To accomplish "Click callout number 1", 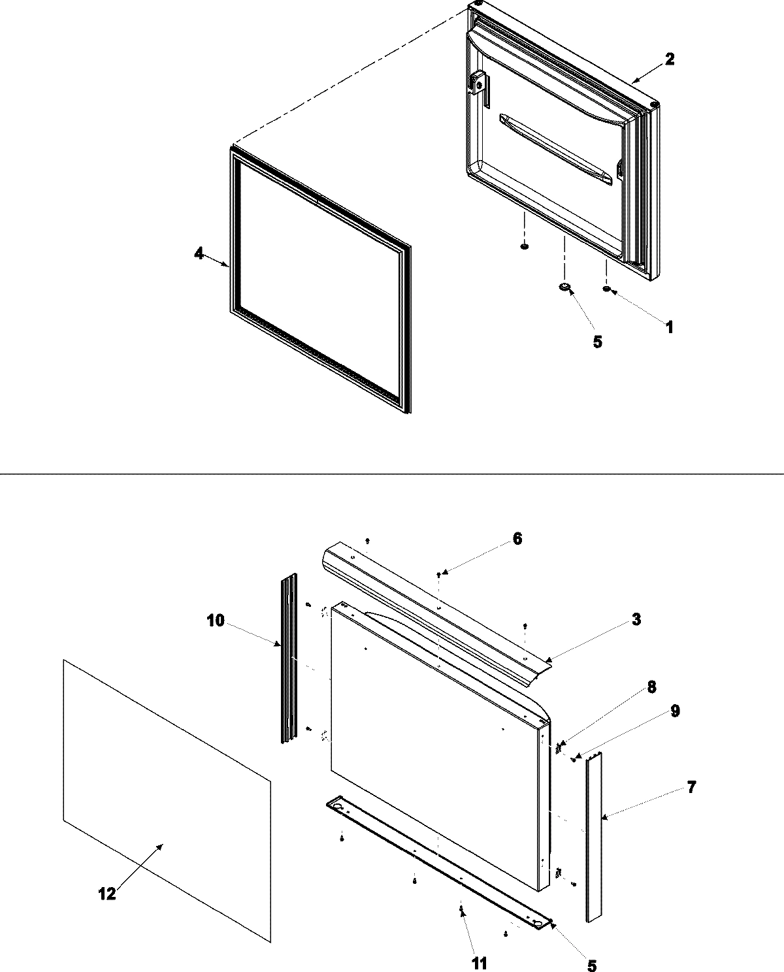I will coord(668,327).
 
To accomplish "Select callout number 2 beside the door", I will coord(669,59).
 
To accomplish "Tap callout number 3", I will coord(636,619).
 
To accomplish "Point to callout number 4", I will coord(199,254).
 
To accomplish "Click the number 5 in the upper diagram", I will coord(597,342).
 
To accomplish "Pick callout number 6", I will coord(517,539).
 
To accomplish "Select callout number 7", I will coord(691,787).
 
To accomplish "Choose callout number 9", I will coord(675,711).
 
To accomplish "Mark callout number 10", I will coord(215,620).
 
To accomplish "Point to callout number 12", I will coord(106,894).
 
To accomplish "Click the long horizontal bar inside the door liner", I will coord(555,146).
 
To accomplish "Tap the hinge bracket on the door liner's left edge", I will coord(480,85).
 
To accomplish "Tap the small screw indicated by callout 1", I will coord(607,289).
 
